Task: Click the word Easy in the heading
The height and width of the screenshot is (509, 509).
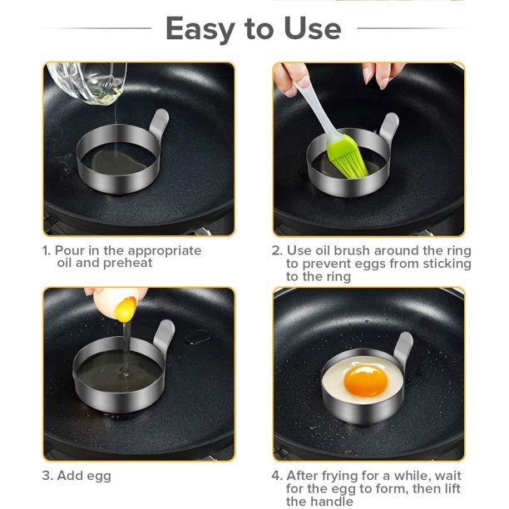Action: pyautogui.click(x=200, y=29)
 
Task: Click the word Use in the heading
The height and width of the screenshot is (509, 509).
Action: pyautogui.click(x=312, y=28)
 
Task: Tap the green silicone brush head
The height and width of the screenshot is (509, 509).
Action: pyautogui.click(x=348, y=157)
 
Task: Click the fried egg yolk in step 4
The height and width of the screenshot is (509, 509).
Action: pyautogui.click(x=366, y=380)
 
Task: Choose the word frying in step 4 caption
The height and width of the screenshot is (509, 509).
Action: pyautogui.click(x=339, y=477)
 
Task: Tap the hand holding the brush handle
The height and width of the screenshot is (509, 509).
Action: pyautogui.click(x=291, y=79)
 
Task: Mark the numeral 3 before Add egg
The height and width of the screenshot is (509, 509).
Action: pyautogui.click(x=47, y=477)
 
